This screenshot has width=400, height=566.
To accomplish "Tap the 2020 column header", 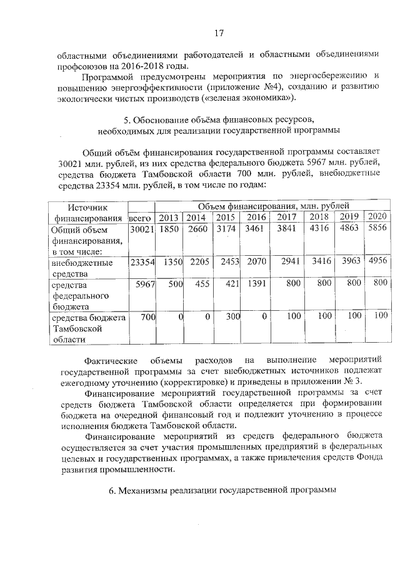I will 377,216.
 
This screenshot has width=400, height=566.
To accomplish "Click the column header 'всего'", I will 141,218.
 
